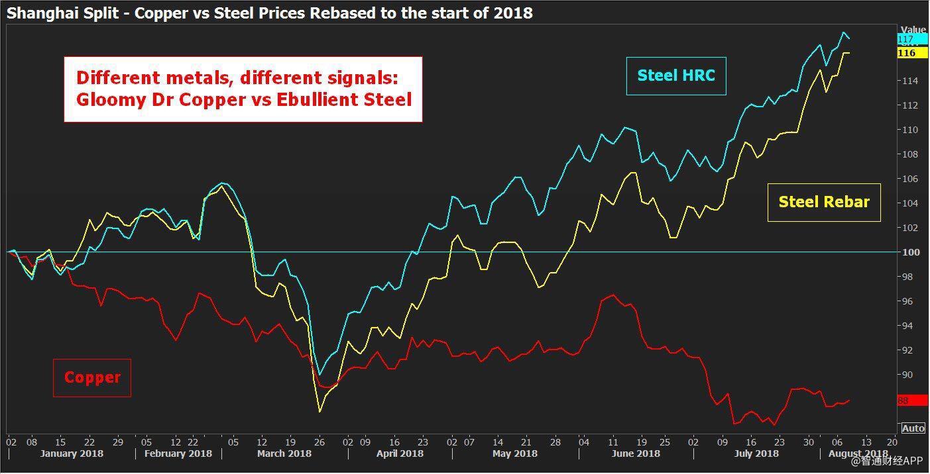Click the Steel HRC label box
(x=676, y=76)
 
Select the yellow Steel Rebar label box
(x=823, y=203)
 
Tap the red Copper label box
(x=92, y=378)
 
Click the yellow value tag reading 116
(x=907, y=53)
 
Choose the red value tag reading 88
(x=904, y=401)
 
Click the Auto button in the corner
(x=913, y=428)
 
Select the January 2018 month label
(x=72, y=453)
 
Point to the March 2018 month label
(x=284, y=453)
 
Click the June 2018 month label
(x=635, y=453)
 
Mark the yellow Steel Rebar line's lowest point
(x=320, y=412)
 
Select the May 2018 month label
(x=515, y=453)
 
